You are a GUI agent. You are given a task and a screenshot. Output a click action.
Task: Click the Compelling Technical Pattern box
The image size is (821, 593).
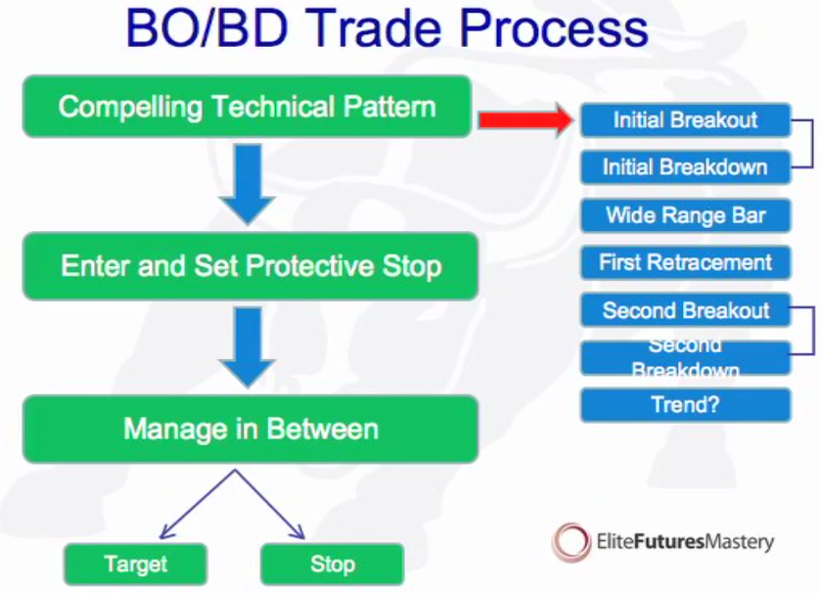coord(247,106)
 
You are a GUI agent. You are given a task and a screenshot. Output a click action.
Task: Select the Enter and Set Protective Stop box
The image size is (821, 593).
coord(251,265)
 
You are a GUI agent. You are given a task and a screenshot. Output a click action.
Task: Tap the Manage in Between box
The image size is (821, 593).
coord(251,429)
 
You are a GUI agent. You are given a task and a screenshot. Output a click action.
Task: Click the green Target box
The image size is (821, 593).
coord(135,564)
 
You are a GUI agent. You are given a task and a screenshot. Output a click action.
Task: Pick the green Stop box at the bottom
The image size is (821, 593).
coord(332,564)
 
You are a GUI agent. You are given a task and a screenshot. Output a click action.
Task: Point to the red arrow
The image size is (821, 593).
coord(524,120)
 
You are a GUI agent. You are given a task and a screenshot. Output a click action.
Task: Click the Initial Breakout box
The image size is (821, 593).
coord(685,120)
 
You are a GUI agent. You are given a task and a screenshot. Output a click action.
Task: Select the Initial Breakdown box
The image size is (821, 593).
coord(685,167)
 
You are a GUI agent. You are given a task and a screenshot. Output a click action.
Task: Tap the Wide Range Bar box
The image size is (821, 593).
coord(685,215)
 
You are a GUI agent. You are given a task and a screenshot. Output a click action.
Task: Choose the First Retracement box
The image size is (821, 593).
coord(685,262)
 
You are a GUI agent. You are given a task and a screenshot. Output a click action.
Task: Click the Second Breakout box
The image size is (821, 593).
coord(685,311)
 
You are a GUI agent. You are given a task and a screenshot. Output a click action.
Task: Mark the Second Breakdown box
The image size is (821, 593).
coord(685,358)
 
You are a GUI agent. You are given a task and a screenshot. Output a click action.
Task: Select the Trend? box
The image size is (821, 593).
coord(685,404)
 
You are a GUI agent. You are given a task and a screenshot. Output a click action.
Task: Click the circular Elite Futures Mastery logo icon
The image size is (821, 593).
coord(570,541)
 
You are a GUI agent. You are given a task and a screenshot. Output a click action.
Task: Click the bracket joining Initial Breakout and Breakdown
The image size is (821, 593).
coord(811,144)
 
